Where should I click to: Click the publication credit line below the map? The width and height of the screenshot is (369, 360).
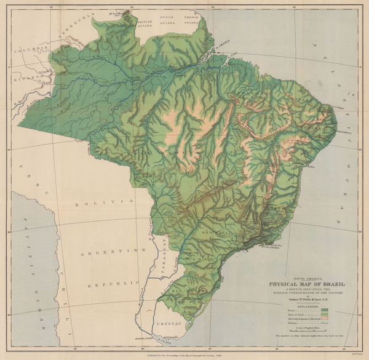click(184, 356)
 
